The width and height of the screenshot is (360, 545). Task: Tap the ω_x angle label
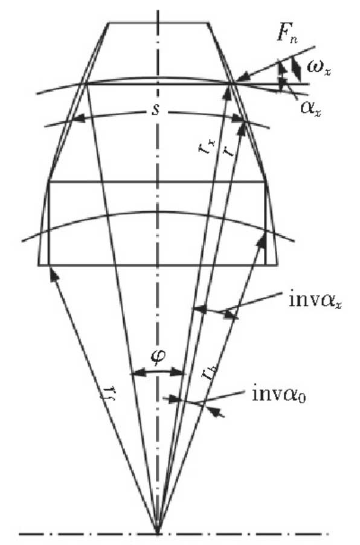pos(318,68)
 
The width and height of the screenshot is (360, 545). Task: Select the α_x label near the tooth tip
pos(310,109)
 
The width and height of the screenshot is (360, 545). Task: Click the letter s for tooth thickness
pos(156,110)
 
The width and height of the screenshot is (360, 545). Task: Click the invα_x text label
pos(315,299)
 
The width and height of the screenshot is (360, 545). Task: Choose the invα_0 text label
pos(278,395)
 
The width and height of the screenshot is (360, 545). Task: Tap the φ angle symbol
pos(158,357)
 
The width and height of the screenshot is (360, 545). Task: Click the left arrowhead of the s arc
pos(79,118)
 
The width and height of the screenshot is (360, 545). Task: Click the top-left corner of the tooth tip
pos(108,23)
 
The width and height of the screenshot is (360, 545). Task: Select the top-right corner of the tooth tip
pos(208,23)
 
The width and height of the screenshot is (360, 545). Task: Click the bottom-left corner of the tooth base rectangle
pos(38,265)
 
